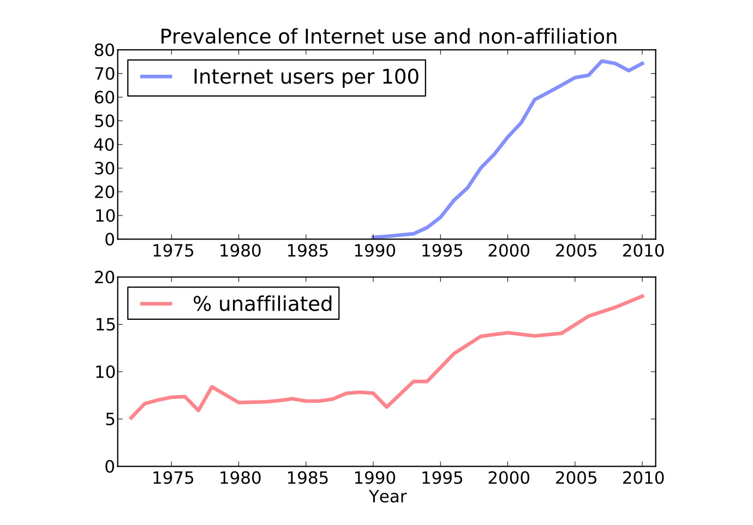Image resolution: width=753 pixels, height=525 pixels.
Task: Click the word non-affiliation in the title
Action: pyautogui.click(x=547, y=37)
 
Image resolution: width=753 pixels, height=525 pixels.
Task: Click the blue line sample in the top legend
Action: pyautogui.click(x=156, y=77)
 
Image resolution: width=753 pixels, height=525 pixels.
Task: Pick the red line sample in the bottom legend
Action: pyautogui.click(x=156, y=304)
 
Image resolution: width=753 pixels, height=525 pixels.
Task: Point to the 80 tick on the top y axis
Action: pyautogui.click(x=104, y=50)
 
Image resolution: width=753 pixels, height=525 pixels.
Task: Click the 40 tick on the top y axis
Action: pyautogui.click(x=104, y=145)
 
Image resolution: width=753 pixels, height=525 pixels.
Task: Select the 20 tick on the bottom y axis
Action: pyautogui.click(x=104, y=278)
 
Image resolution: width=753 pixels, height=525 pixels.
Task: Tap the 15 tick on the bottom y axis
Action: pyautogui.click(x=104, y=325)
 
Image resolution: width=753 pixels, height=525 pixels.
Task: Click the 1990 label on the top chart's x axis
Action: pyautogui.click(x=373, y=251)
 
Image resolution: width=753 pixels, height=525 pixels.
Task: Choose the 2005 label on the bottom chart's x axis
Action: pyautogui.click(x=575, y=479)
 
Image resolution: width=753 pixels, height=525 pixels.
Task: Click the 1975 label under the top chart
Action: pyautogui.click(x=172, y=251)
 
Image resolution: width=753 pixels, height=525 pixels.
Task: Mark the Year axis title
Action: pyautogui.click(x=387, y=497)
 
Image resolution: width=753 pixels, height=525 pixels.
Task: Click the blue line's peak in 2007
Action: pyautogui.click(x=602, y=61)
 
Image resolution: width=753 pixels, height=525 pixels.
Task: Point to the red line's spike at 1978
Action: pyautogui.click(x=212, y=387)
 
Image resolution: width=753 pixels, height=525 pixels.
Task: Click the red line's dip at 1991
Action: pyautogui.click(x=386, y=407)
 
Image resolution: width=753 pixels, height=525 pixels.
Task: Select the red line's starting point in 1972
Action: pyautogui.click(x=131, y=419)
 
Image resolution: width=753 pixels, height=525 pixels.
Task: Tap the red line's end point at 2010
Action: pyautogui.click(x=643, y=296)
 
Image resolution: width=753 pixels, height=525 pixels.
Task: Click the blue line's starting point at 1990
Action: pyautogui.click(x=373, y=237)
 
